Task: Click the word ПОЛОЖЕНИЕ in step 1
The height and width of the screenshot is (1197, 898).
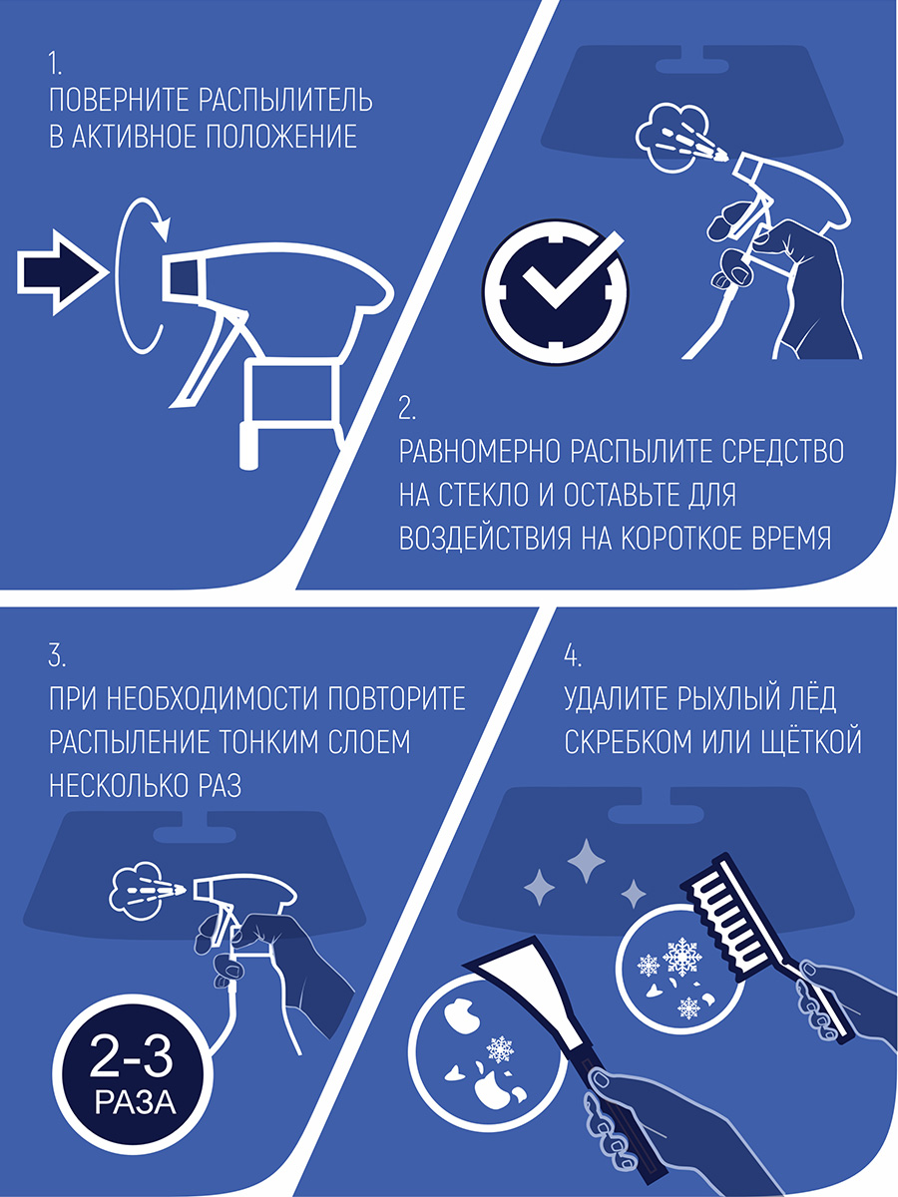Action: click(x=280, y=137)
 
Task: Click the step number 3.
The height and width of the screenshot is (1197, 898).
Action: click(x=57, y=655)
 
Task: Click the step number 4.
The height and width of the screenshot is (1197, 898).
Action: click(x=573, y=655)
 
